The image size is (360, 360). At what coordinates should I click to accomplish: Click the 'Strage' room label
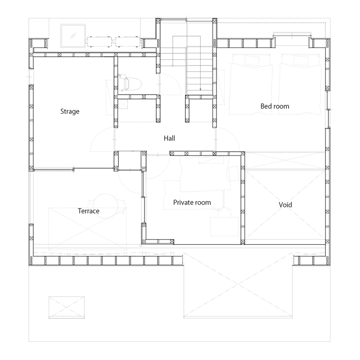(70, 112)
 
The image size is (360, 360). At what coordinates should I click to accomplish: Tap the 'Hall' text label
(170, 138)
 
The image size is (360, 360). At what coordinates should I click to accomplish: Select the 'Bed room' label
(275, 106)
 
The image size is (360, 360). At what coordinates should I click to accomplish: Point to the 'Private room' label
(192, 203)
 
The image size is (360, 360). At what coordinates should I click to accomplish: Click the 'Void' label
(285, 205)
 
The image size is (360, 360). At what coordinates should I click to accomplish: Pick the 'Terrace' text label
(88, 211)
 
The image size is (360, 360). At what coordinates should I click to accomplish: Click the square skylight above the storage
(73, 36)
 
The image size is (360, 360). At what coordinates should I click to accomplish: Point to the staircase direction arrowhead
(200, 89)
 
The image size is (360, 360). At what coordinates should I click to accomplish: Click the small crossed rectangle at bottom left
(67, 307)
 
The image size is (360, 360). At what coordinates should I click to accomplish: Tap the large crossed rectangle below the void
(238, 285)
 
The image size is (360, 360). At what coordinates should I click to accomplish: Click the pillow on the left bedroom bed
(252, 60)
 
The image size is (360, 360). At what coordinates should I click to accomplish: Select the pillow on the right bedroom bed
(301, 60)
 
